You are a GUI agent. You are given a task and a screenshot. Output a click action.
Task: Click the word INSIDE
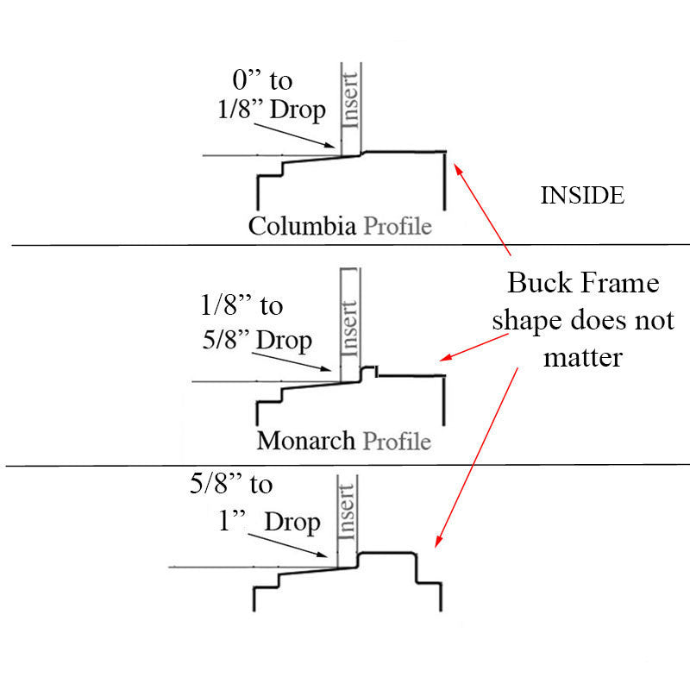coord(581,196)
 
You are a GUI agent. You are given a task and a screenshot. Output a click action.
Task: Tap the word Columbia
coord(302,227)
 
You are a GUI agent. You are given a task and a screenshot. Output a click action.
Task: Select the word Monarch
coord(305,442)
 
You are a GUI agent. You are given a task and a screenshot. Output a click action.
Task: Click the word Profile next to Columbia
coord(397,227)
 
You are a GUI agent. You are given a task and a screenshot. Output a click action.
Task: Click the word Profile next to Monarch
coord(397,442)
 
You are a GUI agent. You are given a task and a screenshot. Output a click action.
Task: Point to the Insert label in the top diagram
coord(351,97)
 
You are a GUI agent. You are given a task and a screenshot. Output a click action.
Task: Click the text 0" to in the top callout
coord(263,81)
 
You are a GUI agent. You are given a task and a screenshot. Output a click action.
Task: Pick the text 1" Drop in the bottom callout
coord(269,522)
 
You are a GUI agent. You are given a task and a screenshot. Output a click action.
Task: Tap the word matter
coord(583,356)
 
